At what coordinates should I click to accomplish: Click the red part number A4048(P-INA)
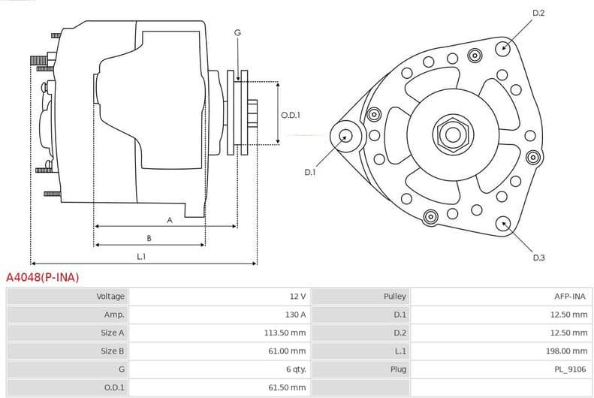point(42,277)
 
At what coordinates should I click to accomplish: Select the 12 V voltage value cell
point(297,297)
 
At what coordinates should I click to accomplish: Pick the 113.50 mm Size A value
point(287,333)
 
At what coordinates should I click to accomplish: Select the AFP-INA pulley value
point(570,297)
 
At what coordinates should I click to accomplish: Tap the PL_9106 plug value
point(571,369)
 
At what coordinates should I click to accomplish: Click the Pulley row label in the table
point(395,297)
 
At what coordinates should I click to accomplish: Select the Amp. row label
point(114,315)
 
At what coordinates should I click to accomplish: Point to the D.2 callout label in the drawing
point(538,13)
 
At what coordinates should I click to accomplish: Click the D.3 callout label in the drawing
point(538,258)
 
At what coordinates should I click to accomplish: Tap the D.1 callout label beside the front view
point(310,172)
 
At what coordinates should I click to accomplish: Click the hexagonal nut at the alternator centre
point(452,134)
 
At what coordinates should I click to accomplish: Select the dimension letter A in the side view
point(170,220)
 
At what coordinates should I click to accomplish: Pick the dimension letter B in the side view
point(149,239)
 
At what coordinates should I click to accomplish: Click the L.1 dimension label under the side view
point(141,257)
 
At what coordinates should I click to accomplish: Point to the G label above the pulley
point(237,32)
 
